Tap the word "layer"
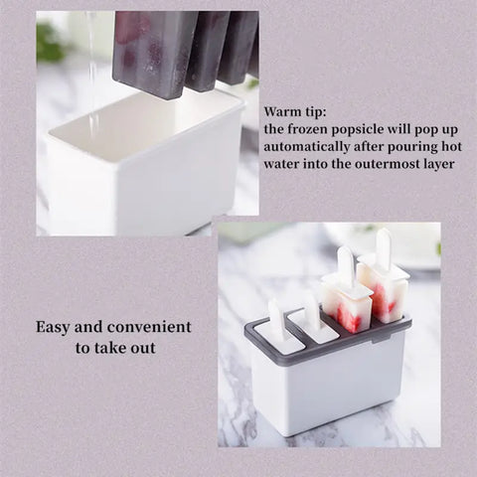click(431, 163)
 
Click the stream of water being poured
click(92, 70)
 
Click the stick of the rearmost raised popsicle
click(384, 248)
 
